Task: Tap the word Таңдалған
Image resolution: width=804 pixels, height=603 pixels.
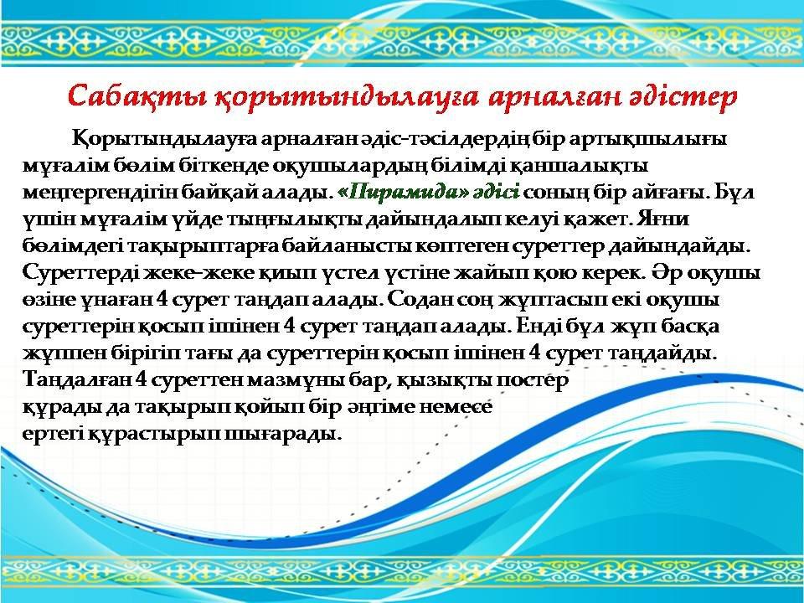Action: click(x=77, y=379)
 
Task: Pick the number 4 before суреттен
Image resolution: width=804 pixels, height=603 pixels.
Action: click(x=142, y=379)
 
